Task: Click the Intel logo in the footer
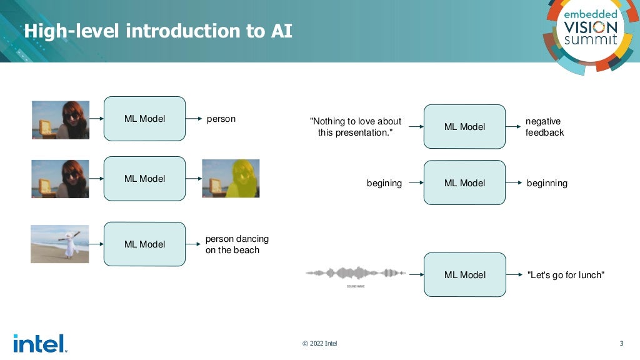39,343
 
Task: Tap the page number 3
621,343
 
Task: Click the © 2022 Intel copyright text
319,343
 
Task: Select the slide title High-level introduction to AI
157,31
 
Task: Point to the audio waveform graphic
356,273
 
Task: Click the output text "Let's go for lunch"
566,275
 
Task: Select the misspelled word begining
384,183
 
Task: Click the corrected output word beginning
547,183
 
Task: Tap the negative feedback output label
544,127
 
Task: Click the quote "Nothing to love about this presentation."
356,127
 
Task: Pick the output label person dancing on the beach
237,244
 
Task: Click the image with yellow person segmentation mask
231,178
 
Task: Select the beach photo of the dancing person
60,244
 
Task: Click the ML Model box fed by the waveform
464,274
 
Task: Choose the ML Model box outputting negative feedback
464,127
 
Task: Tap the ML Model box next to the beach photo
144,244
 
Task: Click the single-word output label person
221,119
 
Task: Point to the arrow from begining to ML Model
412,183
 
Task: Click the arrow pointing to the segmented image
193,179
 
